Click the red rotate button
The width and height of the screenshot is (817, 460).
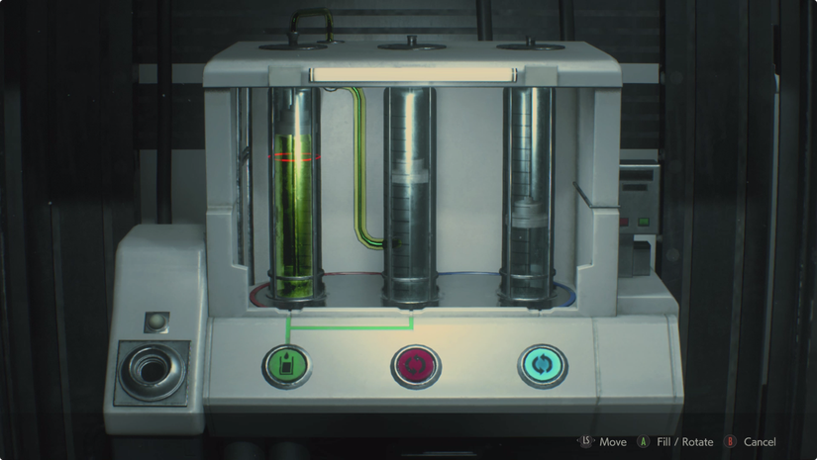[x=416, y=366]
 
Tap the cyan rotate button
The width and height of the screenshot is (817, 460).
[x=543, y=366]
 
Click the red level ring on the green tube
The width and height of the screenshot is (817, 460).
[x=294, y=156]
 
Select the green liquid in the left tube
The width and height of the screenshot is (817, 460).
[x=293, y=215]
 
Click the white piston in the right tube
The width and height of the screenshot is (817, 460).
[x=529, y=213]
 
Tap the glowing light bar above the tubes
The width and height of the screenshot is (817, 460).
[x=413, y=75]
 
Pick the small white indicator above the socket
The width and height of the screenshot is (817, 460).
[x=156, y=322]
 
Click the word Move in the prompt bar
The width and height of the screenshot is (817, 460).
[x=613, y=442]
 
